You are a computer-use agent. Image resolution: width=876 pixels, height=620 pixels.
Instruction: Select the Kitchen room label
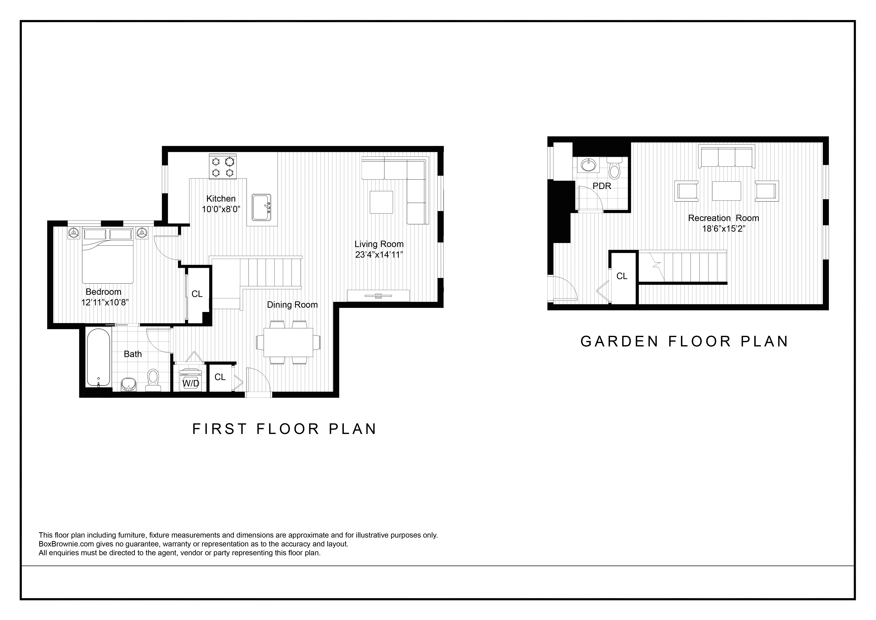[221, 199]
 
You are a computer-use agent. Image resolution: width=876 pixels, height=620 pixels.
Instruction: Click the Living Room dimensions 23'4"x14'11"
[379, 255]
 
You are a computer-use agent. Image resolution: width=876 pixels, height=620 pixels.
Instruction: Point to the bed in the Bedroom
[108, 256]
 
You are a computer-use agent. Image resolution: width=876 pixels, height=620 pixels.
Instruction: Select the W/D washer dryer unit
[190, 380]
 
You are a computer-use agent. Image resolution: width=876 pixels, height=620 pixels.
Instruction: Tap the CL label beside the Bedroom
[197, 294]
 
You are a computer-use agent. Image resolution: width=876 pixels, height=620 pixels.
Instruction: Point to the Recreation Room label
[723, 218]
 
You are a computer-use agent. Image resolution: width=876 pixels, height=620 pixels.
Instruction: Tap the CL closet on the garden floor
[622, 276]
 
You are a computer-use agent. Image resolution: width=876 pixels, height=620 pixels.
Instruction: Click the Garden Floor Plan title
[684, 341]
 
